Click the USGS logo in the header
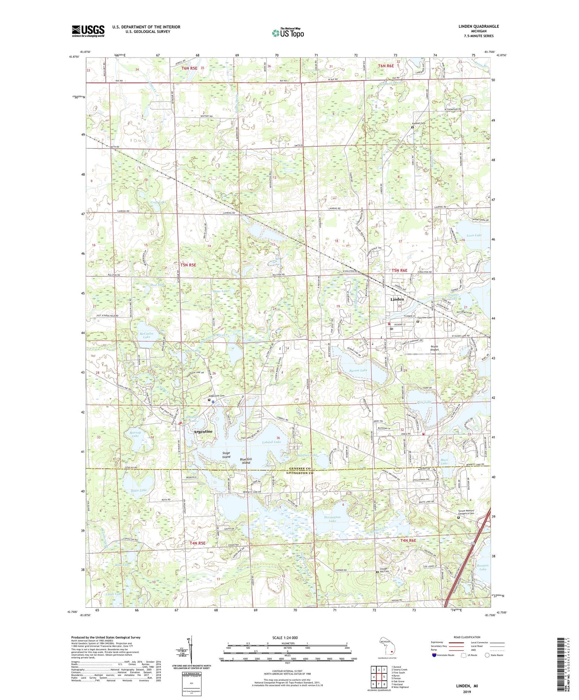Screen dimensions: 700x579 [88, 31]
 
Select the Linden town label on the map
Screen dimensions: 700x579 [397, 299]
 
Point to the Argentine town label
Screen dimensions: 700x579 [202, 431]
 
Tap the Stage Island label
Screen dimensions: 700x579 [226, 455]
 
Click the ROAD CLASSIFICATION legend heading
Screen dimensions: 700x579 [467, 637]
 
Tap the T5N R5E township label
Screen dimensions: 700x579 [188, 265]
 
